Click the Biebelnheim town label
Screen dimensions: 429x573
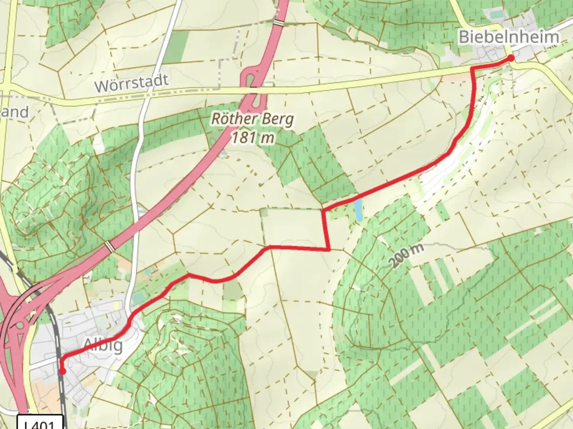point(509,37)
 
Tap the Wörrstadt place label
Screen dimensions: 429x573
point(131,83)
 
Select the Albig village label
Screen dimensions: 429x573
point(103,345)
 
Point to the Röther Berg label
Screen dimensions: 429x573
point(252,118)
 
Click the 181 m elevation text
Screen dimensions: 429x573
point(252,137)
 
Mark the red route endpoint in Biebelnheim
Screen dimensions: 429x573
point(511,58)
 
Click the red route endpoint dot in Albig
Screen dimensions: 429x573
point(62,371)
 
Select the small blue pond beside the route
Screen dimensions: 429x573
point(359,210)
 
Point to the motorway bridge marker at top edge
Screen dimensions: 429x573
point(280,23)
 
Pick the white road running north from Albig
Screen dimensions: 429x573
point(135,199)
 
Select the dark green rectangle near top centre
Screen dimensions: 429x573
point(176,47)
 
